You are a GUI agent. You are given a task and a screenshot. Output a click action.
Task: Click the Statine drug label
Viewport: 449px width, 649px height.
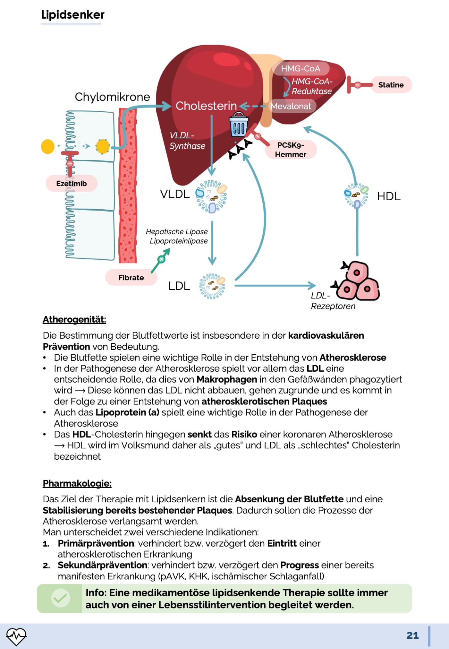tap(391, 85)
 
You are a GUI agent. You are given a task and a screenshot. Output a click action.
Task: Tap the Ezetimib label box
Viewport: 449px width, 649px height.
tap(72, 184)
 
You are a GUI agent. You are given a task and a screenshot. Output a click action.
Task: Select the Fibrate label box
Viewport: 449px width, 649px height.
tap(131, 278)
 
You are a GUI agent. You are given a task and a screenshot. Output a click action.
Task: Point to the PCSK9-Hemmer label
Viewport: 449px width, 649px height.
tap(291, 150)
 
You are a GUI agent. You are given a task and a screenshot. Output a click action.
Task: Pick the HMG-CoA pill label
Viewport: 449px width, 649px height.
tap(301, 68)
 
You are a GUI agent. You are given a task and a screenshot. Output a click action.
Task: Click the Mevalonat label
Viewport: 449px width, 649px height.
tap(291, 106)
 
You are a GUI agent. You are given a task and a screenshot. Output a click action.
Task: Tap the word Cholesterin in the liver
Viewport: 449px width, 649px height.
tap(206, 106)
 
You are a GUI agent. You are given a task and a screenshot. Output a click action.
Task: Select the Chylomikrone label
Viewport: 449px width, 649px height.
tap(112, 97)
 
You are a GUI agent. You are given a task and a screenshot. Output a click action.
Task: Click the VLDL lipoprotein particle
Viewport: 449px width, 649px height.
tap(211, 196)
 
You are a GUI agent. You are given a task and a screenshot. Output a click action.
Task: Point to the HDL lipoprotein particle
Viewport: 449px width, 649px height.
tap(356, 195)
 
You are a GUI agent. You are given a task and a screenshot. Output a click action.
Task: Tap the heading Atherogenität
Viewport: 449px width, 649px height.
tap(74, 319)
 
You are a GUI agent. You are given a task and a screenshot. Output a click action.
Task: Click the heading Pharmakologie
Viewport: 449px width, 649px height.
tap(77, 483)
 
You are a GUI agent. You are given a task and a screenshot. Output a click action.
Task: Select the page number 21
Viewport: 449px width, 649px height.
tap(412, 636)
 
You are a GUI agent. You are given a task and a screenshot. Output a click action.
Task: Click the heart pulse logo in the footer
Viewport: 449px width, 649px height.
tap(16, 636)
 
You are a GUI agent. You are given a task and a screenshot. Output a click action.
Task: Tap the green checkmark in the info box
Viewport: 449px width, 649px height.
tap(60, 598)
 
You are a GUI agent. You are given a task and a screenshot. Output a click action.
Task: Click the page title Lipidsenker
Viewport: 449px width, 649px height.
tap(73, 15)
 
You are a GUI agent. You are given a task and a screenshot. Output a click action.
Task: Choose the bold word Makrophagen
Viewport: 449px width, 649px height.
tap(227, 379)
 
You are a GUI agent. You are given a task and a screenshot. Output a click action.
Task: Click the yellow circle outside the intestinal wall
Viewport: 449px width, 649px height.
tap(48, 147)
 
